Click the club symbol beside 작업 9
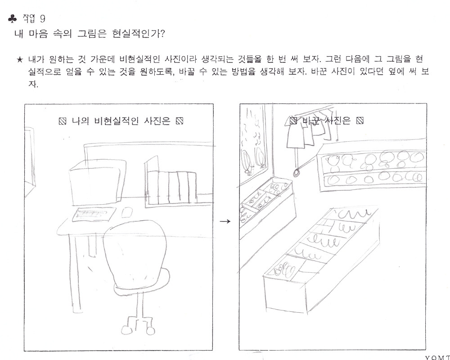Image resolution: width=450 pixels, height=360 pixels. (x=13, y=19)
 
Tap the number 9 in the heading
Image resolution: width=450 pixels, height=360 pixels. (x=42, y=19)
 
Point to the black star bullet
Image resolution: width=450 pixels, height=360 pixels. (x=20, y=59)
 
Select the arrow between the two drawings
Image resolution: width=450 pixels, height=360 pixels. (x=225, y=221)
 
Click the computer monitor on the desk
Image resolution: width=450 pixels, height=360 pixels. (x=98, y=183)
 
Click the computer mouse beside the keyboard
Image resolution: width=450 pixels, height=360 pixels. (x=127, y=213)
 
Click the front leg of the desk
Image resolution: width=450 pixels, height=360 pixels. (x=75, y=273)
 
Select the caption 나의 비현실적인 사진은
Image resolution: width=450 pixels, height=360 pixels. (x=121, y=121)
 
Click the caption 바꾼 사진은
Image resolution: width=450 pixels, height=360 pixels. (x=327, y=121)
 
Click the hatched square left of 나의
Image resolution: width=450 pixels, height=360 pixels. (x=63, y=121)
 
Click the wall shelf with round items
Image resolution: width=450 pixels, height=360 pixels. (x=372, y=166)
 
